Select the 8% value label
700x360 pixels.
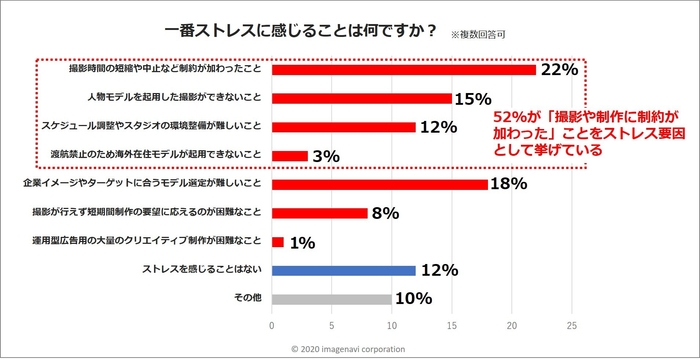[386, 213]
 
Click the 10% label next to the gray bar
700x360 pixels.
[414, 298]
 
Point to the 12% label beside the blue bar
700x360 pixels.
[439, 270]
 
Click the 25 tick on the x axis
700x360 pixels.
[572, 325]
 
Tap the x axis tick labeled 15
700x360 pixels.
[452, 325]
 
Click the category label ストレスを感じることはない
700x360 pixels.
[204, 270]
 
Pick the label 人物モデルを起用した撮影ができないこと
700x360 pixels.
[175, 99]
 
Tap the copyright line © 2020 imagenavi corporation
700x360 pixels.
[349, 349]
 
